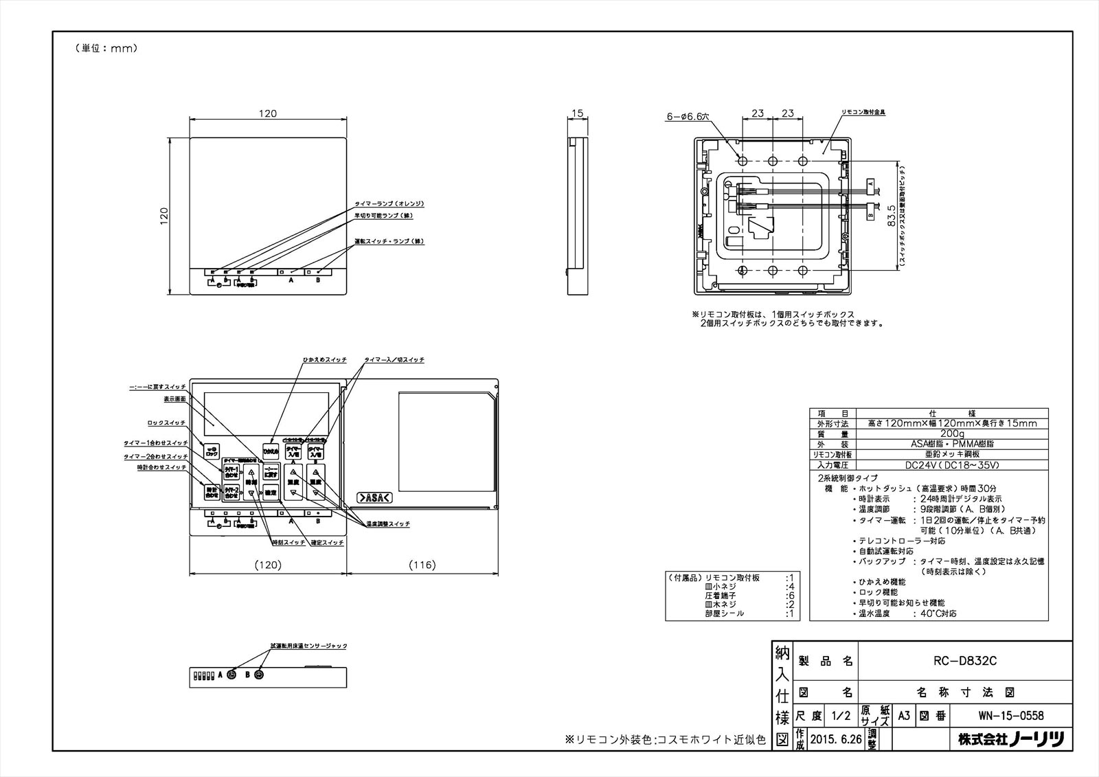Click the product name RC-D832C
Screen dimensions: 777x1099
tap(964, 661)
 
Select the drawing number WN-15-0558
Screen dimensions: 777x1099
tap(1011, 715)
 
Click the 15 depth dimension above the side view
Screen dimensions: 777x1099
tap(576, 113)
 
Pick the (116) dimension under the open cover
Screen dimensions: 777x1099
tap(422, 565)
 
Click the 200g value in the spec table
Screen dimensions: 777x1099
tap(951, 434)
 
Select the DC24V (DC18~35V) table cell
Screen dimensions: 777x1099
tap(951, 465)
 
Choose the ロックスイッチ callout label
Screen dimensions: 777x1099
tap(166, 423)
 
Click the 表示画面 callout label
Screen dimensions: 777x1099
tap(174, 398)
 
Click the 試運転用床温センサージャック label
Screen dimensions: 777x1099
tap(308, 646)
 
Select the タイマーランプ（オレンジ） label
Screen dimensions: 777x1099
tap(389, 204)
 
